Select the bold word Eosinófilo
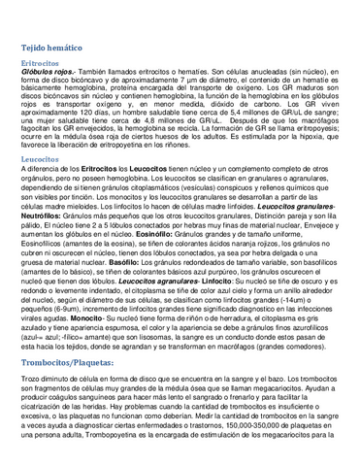click(x=199, y=232)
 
